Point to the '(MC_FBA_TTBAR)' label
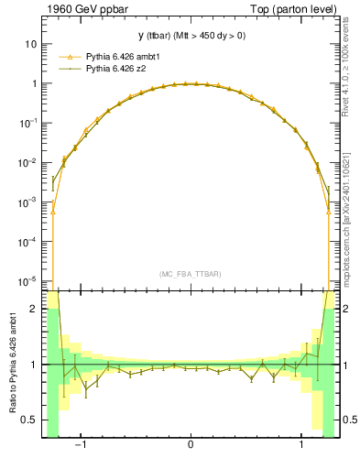click(191, 274)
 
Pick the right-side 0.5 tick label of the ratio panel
click(350, 420)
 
